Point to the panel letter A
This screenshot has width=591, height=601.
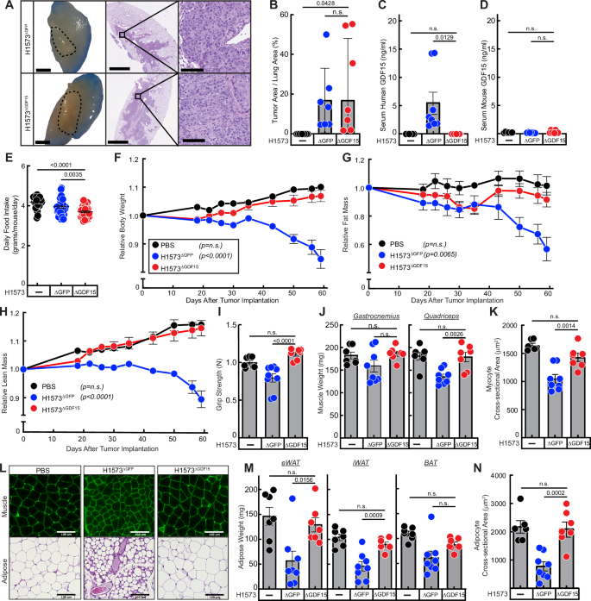click(x=6, y=6)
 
